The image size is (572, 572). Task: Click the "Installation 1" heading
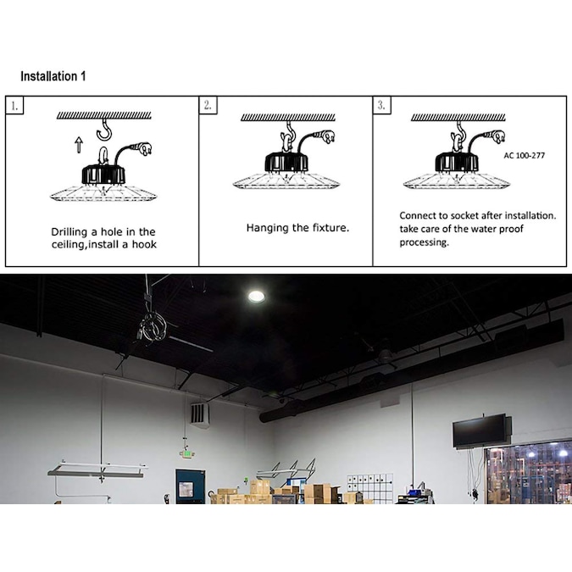53,76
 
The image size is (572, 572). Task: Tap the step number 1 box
14,106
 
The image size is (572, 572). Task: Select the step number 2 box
208,105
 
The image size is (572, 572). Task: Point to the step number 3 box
381,105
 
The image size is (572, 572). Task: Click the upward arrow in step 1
79,145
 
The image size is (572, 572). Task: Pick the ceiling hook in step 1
105,130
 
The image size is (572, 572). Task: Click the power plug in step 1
143,149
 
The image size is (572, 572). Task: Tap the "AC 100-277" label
525,155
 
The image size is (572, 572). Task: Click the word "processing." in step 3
424,242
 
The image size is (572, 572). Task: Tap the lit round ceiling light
257,297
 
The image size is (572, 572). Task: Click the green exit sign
186,454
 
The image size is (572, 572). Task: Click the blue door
191,486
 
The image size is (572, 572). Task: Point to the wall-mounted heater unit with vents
199,415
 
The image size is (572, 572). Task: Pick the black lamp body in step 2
286,162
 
